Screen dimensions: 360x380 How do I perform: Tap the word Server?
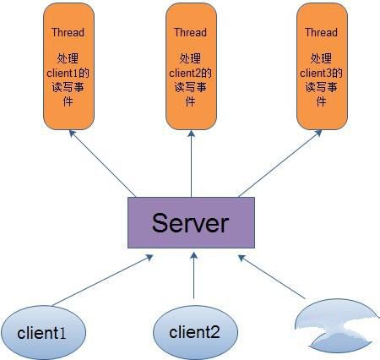click(190, 222)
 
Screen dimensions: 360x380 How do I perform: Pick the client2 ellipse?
click(194, 330)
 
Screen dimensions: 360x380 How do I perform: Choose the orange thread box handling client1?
click(68, 68)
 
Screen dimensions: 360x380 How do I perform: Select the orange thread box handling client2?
click(190, 68)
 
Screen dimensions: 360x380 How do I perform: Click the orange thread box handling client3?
click(321, 68)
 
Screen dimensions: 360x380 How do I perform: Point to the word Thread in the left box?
click(68, 32)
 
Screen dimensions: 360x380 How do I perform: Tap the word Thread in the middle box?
click(190, 32)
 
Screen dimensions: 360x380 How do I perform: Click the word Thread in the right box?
click(321, 32)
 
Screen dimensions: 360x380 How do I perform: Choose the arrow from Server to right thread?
click(274, 165)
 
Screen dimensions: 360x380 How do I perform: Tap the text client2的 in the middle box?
click(190, 73)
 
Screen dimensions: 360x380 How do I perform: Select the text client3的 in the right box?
click(321, 73)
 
